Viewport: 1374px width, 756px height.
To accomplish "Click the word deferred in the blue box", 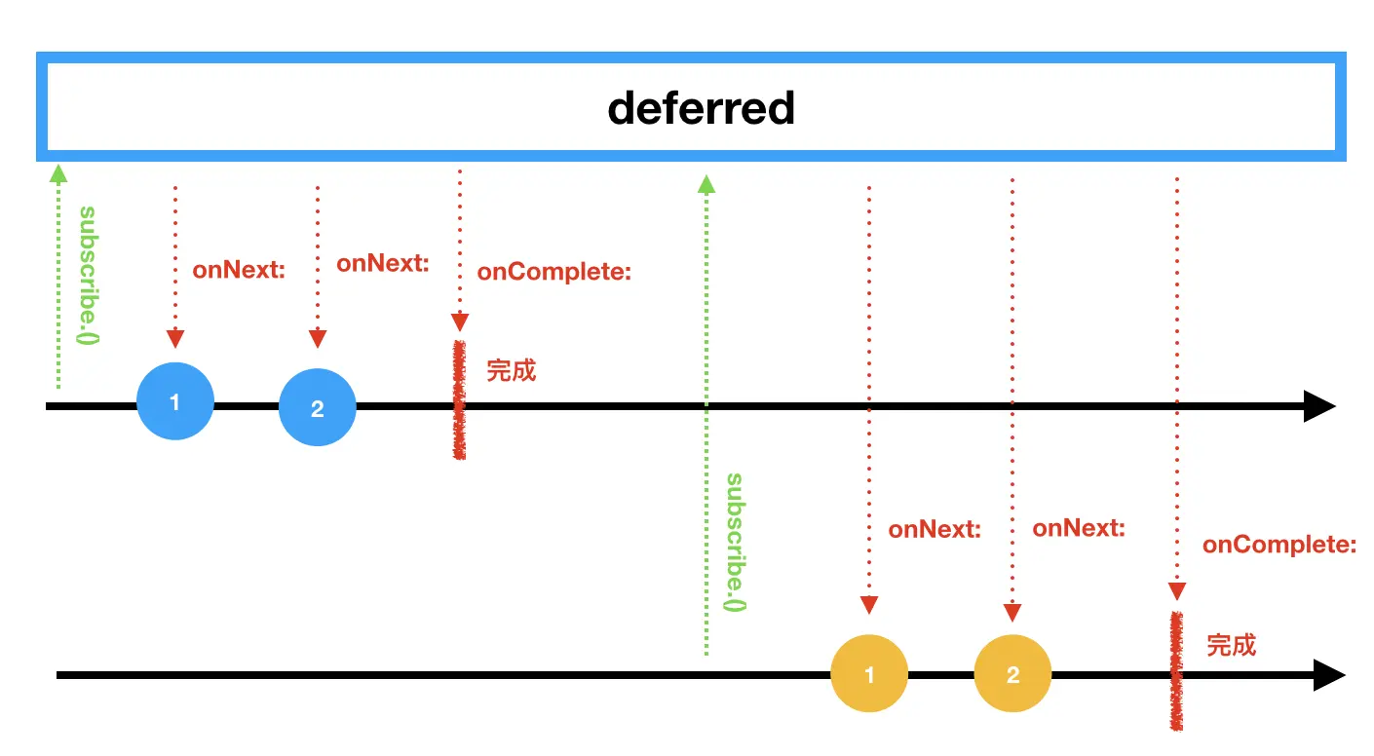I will pyautogui.click(x=701, y=108).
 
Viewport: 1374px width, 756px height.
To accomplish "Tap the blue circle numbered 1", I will pyautogui.click(x=174, y=402).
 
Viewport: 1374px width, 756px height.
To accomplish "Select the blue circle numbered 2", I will pyautogui.click(x=317, y=408).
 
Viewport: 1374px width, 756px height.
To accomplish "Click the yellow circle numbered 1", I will pyautogui.click(x=868, y=674).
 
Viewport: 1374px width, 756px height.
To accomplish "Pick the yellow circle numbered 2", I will pyautogui.click(x=1012, y=674).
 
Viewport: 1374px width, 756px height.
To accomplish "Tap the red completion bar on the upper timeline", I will pyautogui.click(x=459, y=400).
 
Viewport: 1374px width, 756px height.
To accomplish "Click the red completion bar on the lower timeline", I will pyautogui.click(x=1177, y=671).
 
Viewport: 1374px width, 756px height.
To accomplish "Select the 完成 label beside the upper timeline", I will pyautogui.click(x=512, y=370).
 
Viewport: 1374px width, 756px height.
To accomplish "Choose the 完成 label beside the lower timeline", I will pyautogui.click(x=1232, y=645).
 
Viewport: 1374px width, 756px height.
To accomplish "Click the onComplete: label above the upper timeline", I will pyautogui.click(x=554, y=272).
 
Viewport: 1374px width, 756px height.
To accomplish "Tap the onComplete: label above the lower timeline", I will pyautogui.click(x=1279, y=545).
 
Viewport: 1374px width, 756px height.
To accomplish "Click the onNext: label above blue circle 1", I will pyautogui.click(x=239, y=270).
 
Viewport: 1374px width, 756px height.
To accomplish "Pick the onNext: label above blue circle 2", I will pyautogui.click(x=383, y=263).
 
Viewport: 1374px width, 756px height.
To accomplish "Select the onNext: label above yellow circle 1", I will pyautogui.click(x=935, y=530).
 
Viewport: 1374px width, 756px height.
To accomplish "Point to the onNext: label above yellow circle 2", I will pyautogui.click(x=1079, y=528).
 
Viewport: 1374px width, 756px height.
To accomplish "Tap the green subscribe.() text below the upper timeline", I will pyautogui.click(x=736, y=543).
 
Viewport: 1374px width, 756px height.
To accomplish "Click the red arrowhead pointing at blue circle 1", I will pyautogui.click(x=175, y=339).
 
